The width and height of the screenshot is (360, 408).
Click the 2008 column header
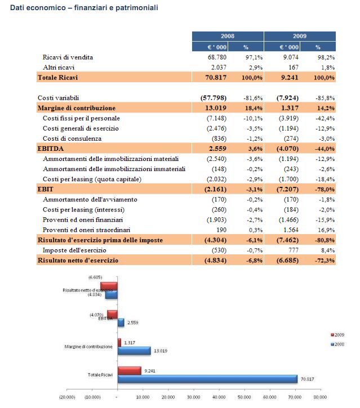pyautogui.click(x=228, y=36)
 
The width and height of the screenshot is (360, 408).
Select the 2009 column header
pyautogui.click(x=300, y=36)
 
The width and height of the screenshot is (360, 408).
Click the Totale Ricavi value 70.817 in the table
pyautogui.click(x=216, y=78)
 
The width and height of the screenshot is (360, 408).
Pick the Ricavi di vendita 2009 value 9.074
pyautogui.click(x=291, y=57)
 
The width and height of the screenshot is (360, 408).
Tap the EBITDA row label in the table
pyautogui.click(x=51, y=149)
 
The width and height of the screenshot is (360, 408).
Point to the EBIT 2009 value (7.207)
pyautogui.click(x=287, y=189)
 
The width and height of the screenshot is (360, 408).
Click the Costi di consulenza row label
pyautogui.click(x=72, y=138)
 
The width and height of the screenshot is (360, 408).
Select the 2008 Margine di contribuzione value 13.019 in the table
pyautogui.click(x=216, y=108)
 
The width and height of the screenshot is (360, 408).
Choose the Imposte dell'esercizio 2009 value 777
pyautogui.click(x=294, y=250)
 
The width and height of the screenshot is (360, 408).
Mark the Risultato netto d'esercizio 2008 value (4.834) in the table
pyautogui.click(x=215, y=260)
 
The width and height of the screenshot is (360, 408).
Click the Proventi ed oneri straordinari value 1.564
pyautogui.click(x=291, y=230)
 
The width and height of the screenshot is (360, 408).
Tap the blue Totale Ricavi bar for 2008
pyautogui.click(x=207, y=379)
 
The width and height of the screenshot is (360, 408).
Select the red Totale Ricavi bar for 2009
pyautogui.click(x=129, y=370)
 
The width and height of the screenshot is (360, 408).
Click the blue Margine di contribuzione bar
pyautogui.click(x=134, y=351)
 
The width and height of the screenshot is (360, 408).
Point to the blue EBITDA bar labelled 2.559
pyautogui.click(x=121, y=322)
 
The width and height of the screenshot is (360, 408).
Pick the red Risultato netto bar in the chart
pyautogui.click(x=109, y=286)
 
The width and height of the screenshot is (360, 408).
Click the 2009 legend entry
pyautogui.click(x=337, y=335)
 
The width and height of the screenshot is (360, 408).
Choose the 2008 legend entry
pyautogui.click(x=337, y=344)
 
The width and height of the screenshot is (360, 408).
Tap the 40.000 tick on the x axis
pyautogui.click(x=219, y=397)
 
